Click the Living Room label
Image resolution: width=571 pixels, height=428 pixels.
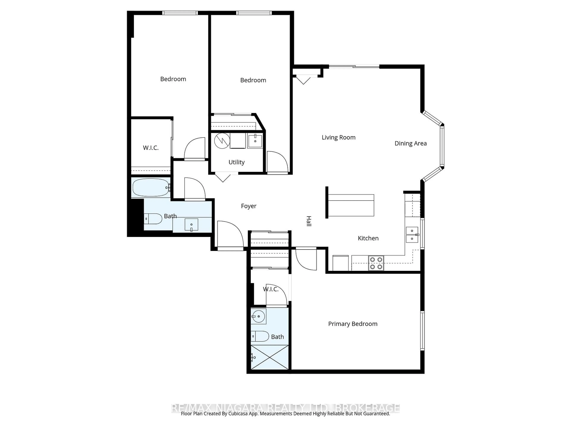click(x=338, y=137)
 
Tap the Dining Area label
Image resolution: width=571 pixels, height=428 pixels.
click(x=410, y=143)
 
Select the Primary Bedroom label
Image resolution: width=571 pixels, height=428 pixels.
click(x=353, y=324)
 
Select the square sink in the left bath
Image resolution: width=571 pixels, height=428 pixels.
click(x=191, y=224)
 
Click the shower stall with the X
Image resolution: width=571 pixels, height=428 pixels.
click(x=269, y=358)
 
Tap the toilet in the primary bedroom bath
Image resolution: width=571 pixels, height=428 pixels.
click(x=260, y=336)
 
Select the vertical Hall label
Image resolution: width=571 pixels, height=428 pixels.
click(x=309, y=221)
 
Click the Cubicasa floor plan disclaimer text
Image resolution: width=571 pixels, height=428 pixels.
click(x=285, y=421)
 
